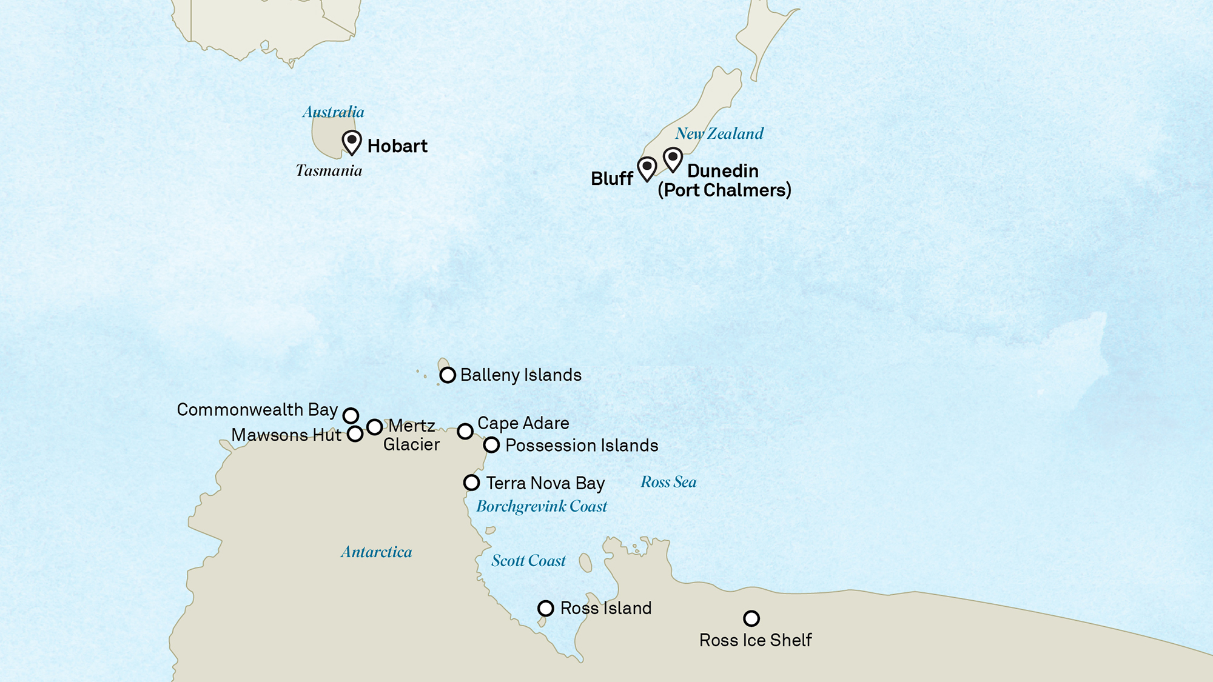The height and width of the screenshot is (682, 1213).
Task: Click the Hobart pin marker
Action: (352, 141)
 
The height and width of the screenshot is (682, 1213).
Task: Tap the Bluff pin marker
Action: (647, 167)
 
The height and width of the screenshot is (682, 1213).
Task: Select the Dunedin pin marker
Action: (673, 158)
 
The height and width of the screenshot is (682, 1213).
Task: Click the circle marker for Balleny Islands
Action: (448, 375)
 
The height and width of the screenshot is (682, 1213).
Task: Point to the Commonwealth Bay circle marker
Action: (351, 415)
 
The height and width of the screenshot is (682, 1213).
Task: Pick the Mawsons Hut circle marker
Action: (355, 434)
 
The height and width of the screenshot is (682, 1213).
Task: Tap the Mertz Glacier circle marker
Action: (375, 427)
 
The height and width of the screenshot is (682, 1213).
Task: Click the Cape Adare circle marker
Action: (465, 431)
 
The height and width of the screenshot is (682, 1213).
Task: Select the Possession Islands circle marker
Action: (491, 445)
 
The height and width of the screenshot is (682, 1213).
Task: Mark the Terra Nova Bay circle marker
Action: (471, 483)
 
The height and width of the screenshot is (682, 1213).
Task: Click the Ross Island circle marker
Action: (546, 608)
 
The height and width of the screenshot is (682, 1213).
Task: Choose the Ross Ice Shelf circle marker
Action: (751, 618)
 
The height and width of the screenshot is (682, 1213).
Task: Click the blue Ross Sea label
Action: (668, 482)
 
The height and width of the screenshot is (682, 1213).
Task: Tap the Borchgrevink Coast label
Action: (541, 507)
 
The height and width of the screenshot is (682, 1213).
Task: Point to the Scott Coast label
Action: (528, 561)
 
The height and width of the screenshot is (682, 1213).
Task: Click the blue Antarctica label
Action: (376, 552)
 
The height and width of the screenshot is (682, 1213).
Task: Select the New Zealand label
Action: (719, 133)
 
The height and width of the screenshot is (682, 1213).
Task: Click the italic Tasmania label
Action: (329, 170)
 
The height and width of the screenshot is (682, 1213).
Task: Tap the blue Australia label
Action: (333, 112)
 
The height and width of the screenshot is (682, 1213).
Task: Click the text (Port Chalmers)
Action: (724, 190)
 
